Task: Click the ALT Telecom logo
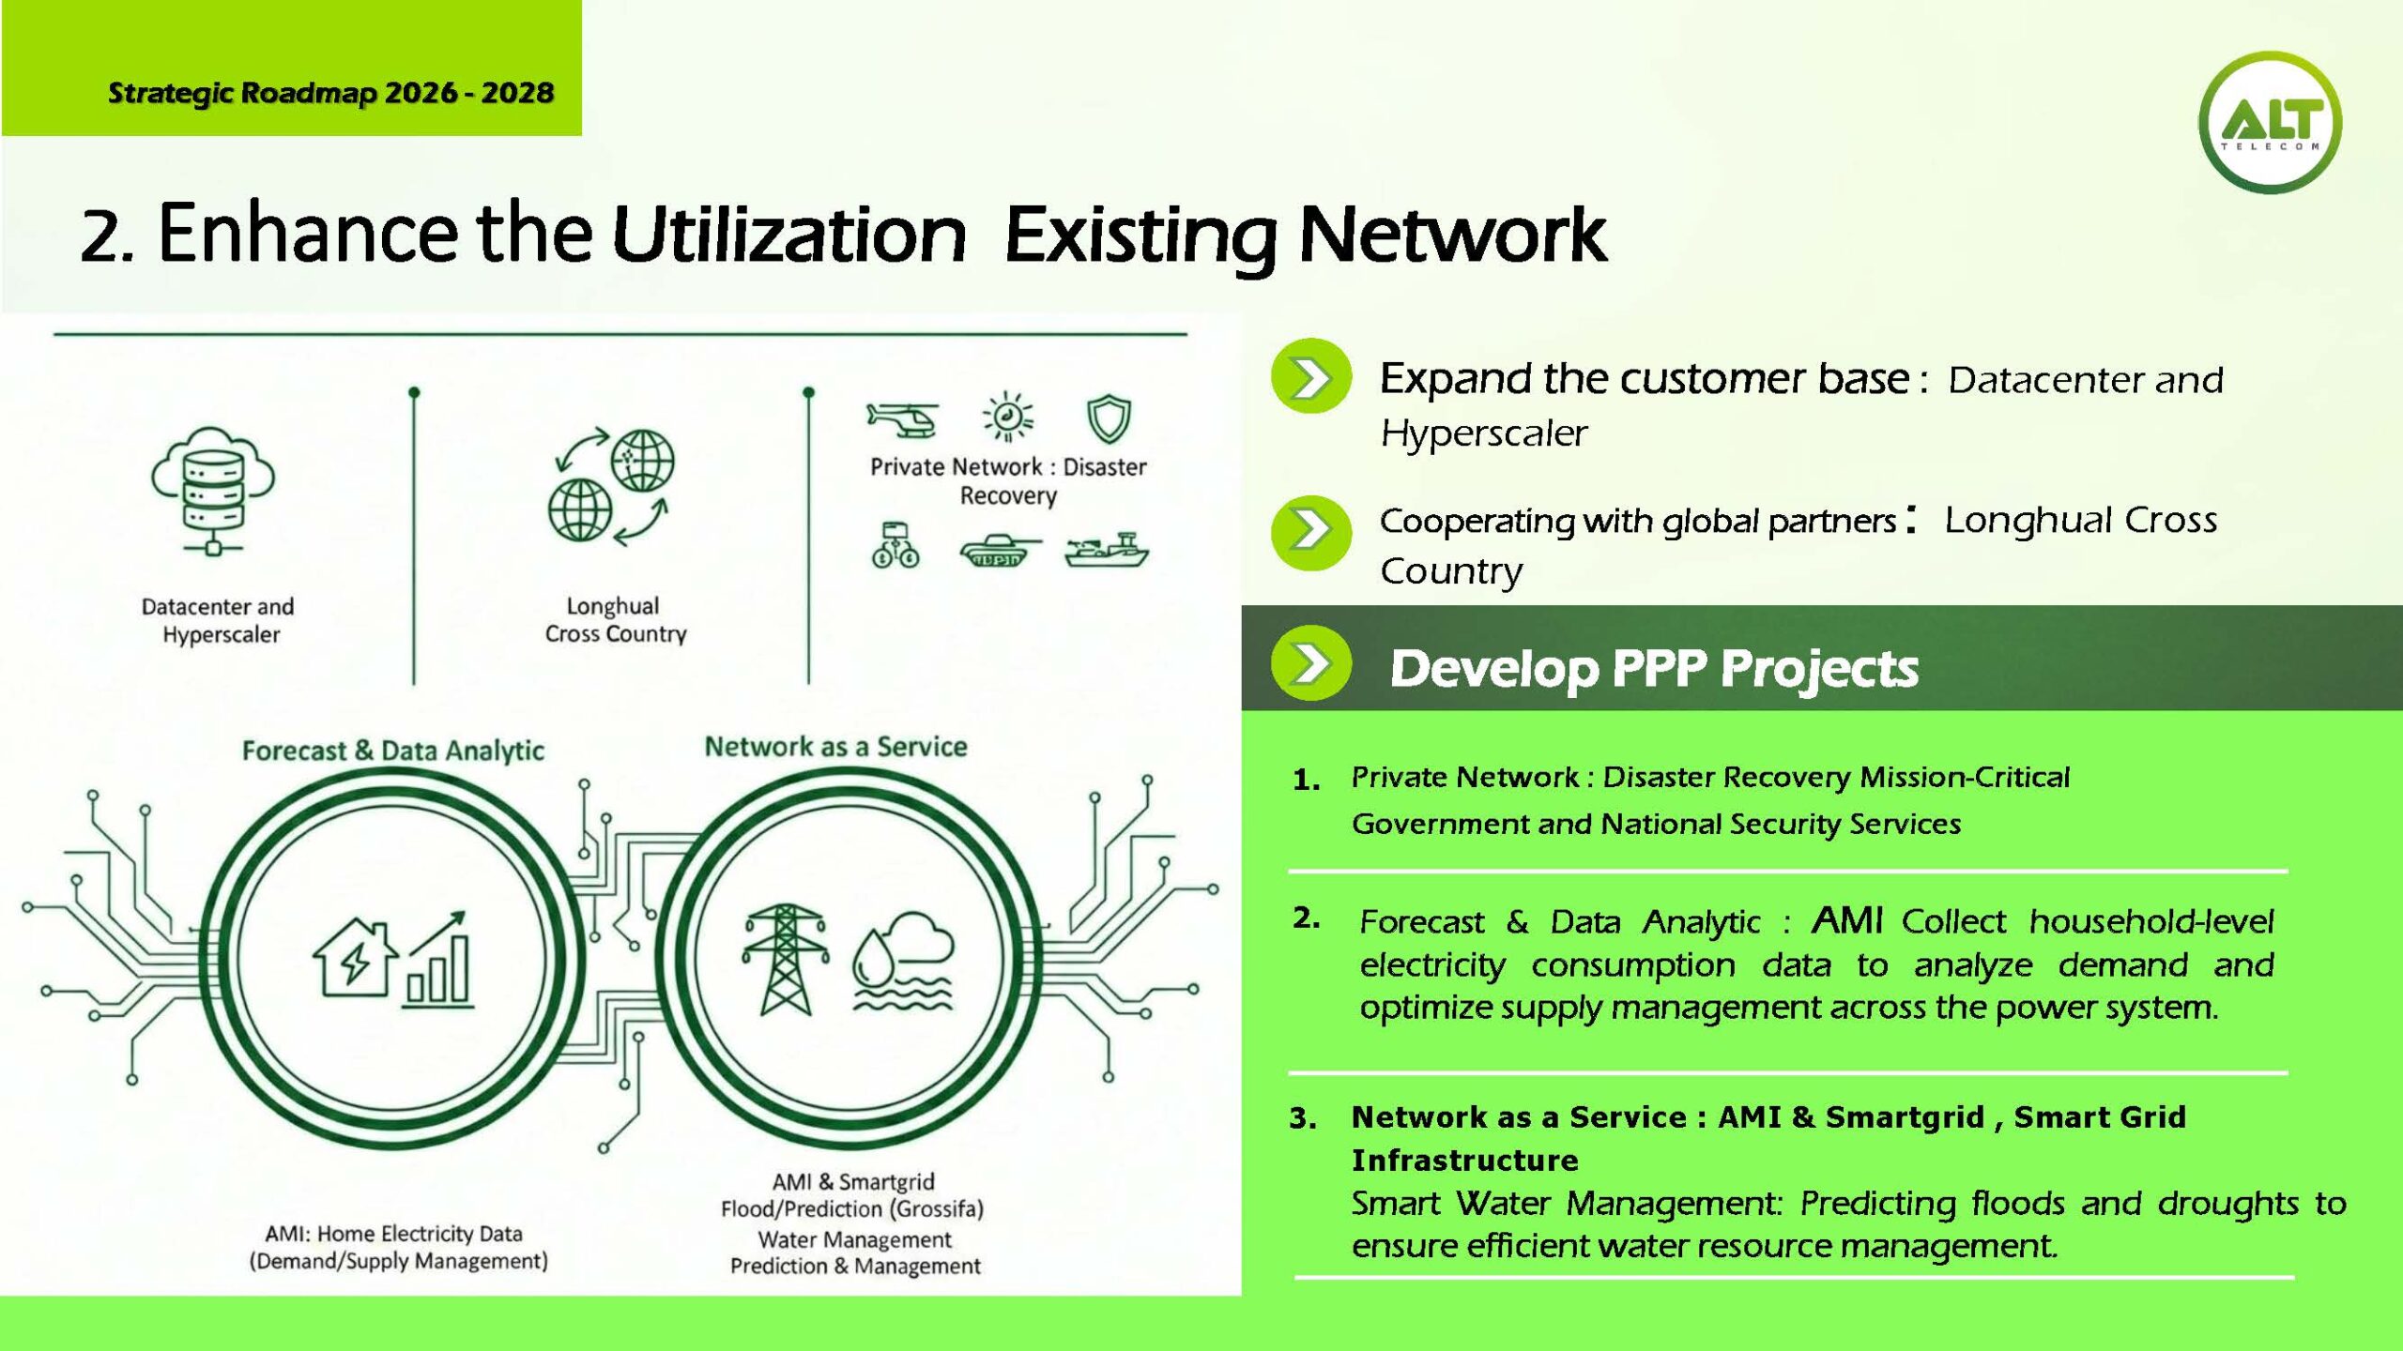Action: pos(2270,123)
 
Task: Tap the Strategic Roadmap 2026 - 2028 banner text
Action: pos(330,93)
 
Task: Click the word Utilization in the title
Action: pos(788,235)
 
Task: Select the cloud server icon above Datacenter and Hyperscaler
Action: pos(213,490)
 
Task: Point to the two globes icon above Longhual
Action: pos(611,486)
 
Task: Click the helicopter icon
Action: pos(902,418)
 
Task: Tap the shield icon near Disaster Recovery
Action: pos(1109,418)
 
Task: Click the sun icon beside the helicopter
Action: pos(1007,417)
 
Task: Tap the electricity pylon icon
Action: pos(785,960)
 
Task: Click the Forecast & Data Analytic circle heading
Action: pos(392,751)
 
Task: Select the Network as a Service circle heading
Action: pos(835,747)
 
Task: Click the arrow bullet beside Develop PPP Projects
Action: pos(1311,663)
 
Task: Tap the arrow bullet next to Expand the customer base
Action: pos(1311,377)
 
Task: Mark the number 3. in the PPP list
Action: pos(1302,1118)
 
